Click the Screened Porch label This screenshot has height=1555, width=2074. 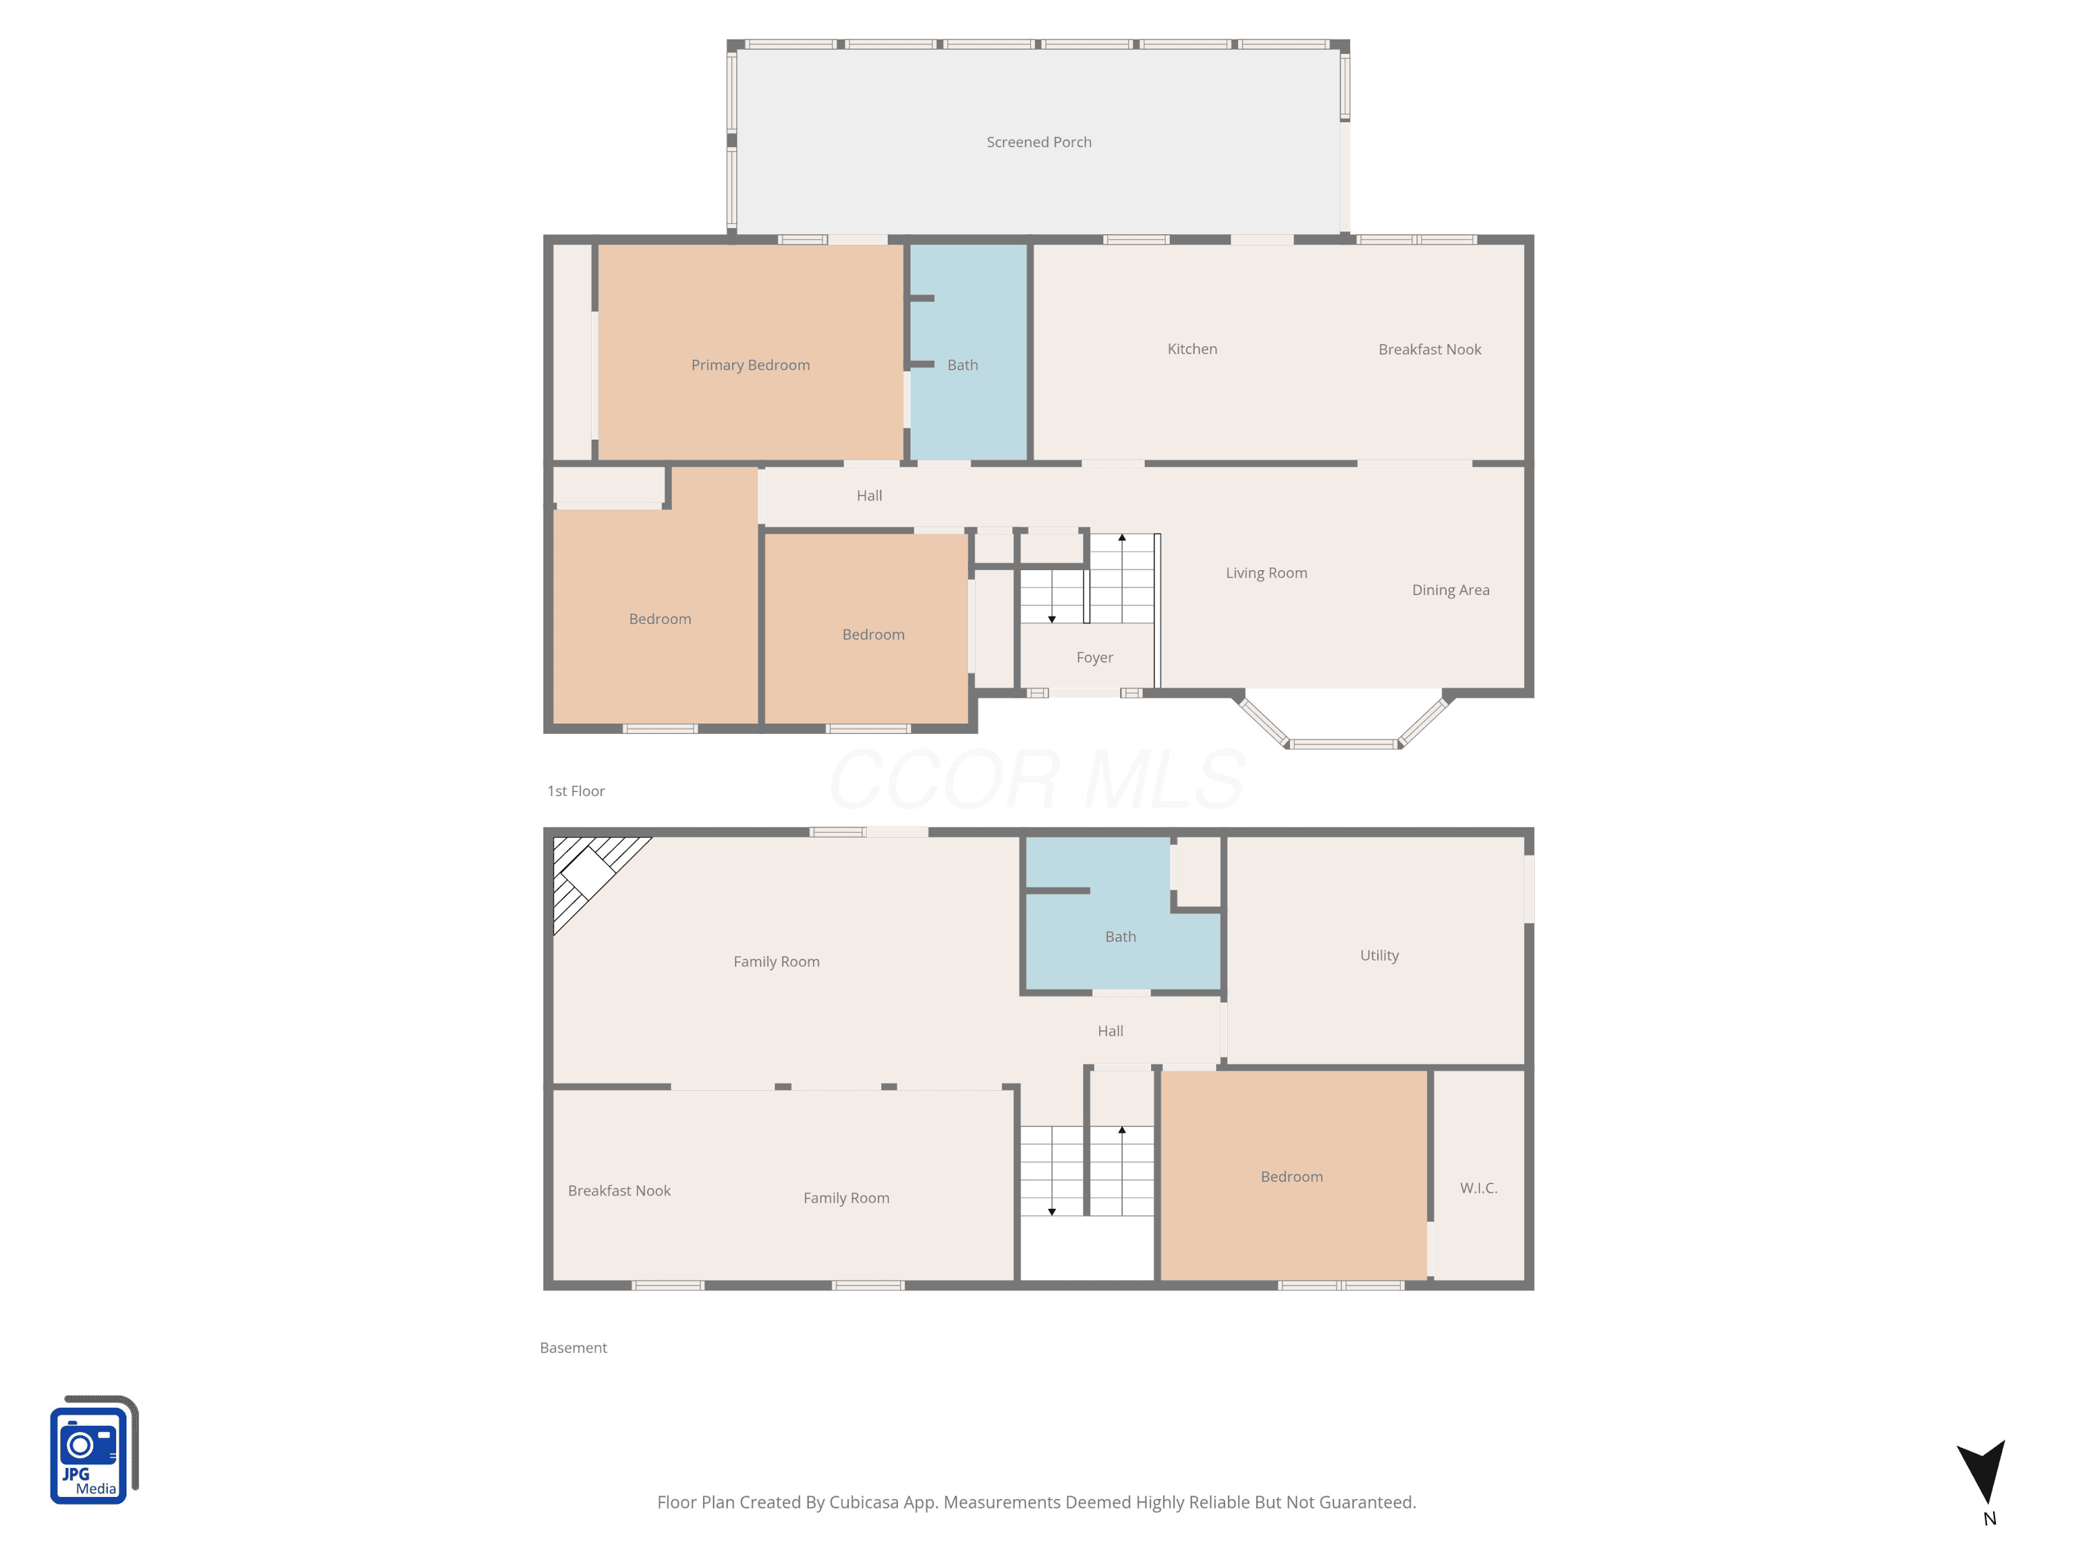[x=1039, y=142]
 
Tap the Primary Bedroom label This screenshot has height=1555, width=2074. [x=750, y=365]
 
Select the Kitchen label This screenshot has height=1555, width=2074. [x=1192, y=349]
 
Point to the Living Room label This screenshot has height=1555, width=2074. [x=1266, y=573]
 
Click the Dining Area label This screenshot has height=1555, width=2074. [x=1450, y=590]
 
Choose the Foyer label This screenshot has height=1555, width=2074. [x=1094, y=657]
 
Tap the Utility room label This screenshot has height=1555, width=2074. [x=1379, y=955]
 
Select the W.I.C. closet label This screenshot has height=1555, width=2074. [x=1479, y=1187]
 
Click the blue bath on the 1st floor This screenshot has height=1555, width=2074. [x=969, y=352]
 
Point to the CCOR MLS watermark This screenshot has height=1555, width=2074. [x=1037, y=779]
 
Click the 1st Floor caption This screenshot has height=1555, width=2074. [x=576, y=791]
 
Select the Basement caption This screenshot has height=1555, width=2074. [x=573, y=1348]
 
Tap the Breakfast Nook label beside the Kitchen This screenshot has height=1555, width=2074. [x=1430, y=350]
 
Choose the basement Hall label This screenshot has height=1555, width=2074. [x=1110, y=1031]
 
